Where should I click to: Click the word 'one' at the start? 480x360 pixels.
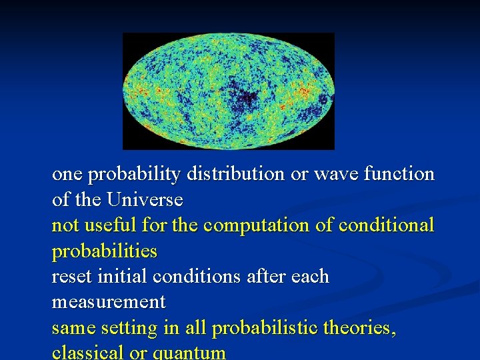(x=67, y=175)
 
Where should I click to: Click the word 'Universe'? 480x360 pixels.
(x=145, y=200)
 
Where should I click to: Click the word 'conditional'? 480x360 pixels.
(x=386, y=225)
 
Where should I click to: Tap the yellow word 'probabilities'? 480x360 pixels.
(x=105, y=251)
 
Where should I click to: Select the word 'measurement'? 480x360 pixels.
(x=109, y=302)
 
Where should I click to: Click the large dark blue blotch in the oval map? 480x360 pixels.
(x=245, y=98)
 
